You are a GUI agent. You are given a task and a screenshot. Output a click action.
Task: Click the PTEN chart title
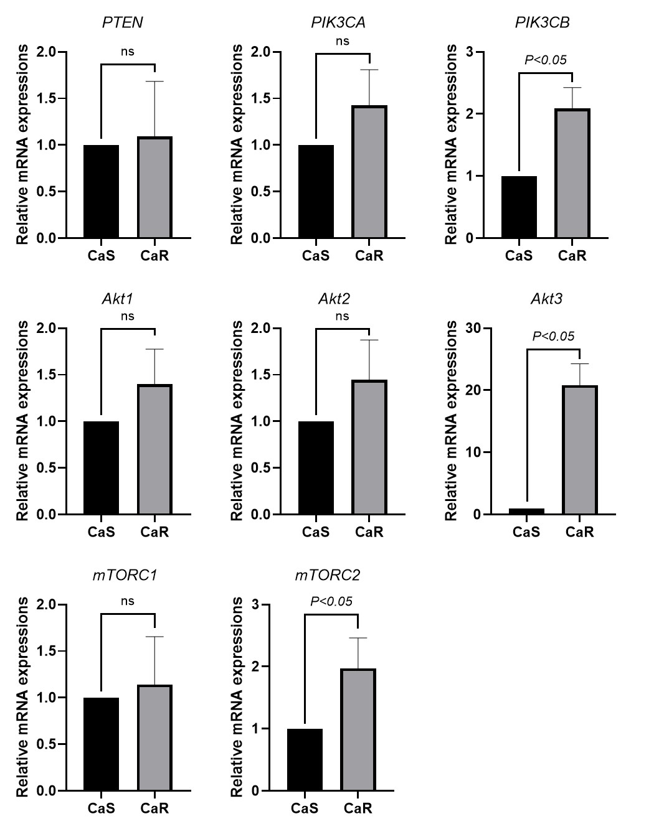pos(122,23)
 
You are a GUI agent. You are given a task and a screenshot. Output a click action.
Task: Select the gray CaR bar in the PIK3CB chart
pos(572,174)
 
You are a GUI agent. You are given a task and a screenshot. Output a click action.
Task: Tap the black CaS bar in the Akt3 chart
pos(526,511)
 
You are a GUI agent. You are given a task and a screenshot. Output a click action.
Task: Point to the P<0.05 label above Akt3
pos(553,336)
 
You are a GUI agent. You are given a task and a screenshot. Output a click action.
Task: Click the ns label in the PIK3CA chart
pos(343,41)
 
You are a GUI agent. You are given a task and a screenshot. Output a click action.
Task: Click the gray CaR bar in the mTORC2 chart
pos(358,729)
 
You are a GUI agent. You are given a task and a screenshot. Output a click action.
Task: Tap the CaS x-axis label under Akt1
pos(101,532)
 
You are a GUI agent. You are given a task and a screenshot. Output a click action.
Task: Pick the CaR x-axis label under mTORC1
pos(154,808)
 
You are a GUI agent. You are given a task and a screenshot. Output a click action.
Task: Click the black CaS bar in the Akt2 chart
pos(316,468)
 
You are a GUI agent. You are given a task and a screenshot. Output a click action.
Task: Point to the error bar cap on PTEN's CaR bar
pos(154,82)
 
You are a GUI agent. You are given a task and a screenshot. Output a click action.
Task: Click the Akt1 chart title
pos(116,299)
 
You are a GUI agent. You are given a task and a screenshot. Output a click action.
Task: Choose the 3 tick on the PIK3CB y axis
pos(470,52)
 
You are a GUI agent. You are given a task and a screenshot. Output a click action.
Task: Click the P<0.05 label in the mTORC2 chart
pos(331,601)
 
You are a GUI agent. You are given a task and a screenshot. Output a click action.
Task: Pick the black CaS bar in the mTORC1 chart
pos(101,744)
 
